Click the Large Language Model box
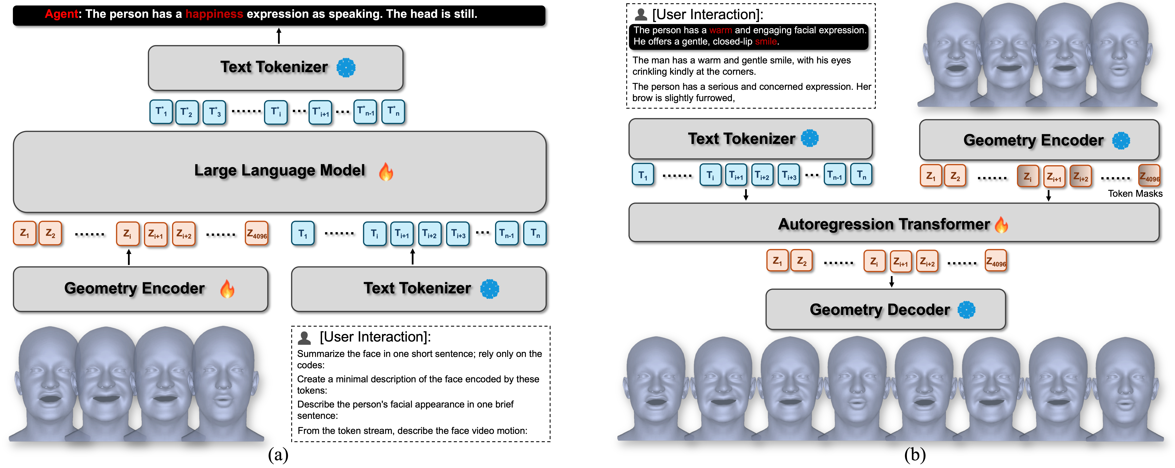click(280, 172)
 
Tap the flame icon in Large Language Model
click(386, 172)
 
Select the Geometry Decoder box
click(885, 309)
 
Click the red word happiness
click(214, 14)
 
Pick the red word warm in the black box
click(721, 30)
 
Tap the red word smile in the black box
click(766, 41)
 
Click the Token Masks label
click(1135, 193)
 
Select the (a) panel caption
click(278, 455)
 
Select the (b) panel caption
click(915, 455)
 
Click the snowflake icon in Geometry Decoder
click(966, 310)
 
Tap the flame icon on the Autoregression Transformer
click(1002, 224)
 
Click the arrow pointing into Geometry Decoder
click(892, 281)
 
